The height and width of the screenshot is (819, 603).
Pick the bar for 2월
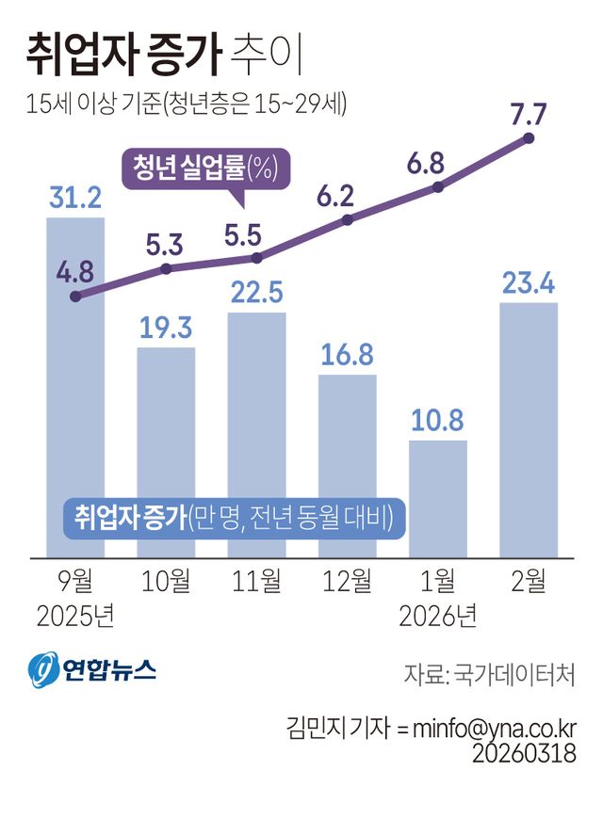coord(528,428)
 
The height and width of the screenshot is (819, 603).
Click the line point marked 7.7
coord(528,138)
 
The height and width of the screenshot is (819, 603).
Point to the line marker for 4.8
coord(75,296)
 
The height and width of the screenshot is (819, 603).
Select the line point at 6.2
coord(347,219)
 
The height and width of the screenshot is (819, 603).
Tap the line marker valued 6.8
coord(437,187)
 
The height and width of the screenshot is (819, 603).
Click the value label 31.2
coord(75,199)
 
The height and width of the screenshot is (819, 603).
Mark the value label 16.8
coord(347,355)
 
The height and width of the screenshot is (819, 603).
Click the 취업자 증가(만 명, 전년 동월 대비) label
coord(234,518)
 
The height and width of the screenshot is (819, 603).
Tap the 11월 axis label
coord(256,582)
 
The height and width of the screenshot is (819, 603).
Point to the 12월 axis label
coord(347,582)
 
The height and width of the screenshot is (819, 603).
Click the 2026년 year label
coord(437,617)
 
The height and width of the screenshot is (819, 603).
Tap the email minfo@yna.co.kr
coord(486,728)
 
